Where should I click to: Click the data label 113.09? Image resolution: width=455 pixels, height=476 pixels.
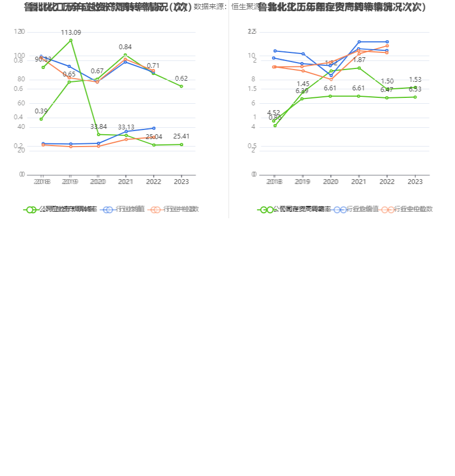(x=71, y=33)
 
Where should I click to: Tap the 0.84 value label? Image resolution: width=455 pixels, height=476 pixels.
(x=125, y=47)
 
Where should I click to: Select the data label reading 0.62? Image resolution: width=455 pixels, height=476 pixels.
(x=181, y=79)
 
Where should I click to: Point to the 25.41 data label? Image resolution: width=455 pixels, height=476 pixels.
(x=181, y=136)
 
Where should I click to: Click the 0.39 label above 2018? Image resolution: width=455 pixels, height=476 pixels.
(x=41, y=111)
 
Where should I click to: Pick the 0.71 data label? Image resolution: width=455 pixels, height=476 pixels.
(x=154, y=66)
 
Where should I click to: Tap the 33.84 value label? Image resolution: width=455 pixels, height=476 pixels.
(x=98, y=127)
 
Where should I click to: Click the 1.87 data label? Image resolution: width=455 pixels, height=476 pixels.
(x=359, y=59)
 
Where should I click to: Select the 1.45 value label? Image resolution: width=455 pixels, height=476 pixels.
(x=303, y=84)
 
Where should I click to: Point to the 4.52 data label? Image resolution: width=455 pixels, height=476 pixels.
(x=274, y=113)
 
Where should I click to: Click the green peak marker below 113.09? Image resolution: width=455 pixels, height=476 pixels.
(x=71, y=40)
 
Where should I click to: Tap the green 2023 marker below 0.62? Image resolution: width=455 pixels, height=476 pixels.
(x=181, y=86)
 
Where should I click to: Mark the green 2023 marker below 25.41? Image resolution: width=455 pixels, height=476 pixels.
(x=181, y=144)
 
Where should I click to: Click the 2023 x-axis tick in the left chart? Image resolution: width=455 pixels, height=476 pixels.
(x=181, y=182)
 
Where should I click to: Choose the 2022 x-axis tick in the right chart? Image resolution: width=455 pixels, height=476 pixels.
(x=387, y=182)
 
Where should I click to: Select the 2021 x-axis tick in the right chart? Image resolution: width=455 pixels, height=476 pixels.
(x=359, y=182)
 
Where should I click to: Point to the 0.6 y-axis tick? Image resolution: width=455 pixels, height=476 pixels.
(x=18, y=89)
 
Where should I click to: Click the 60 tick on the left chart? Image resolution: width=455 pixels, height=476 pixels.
(x=21, y=103)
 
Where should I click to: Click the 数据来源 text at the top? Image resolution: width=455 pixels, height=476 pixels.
(x=209, y=7)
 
